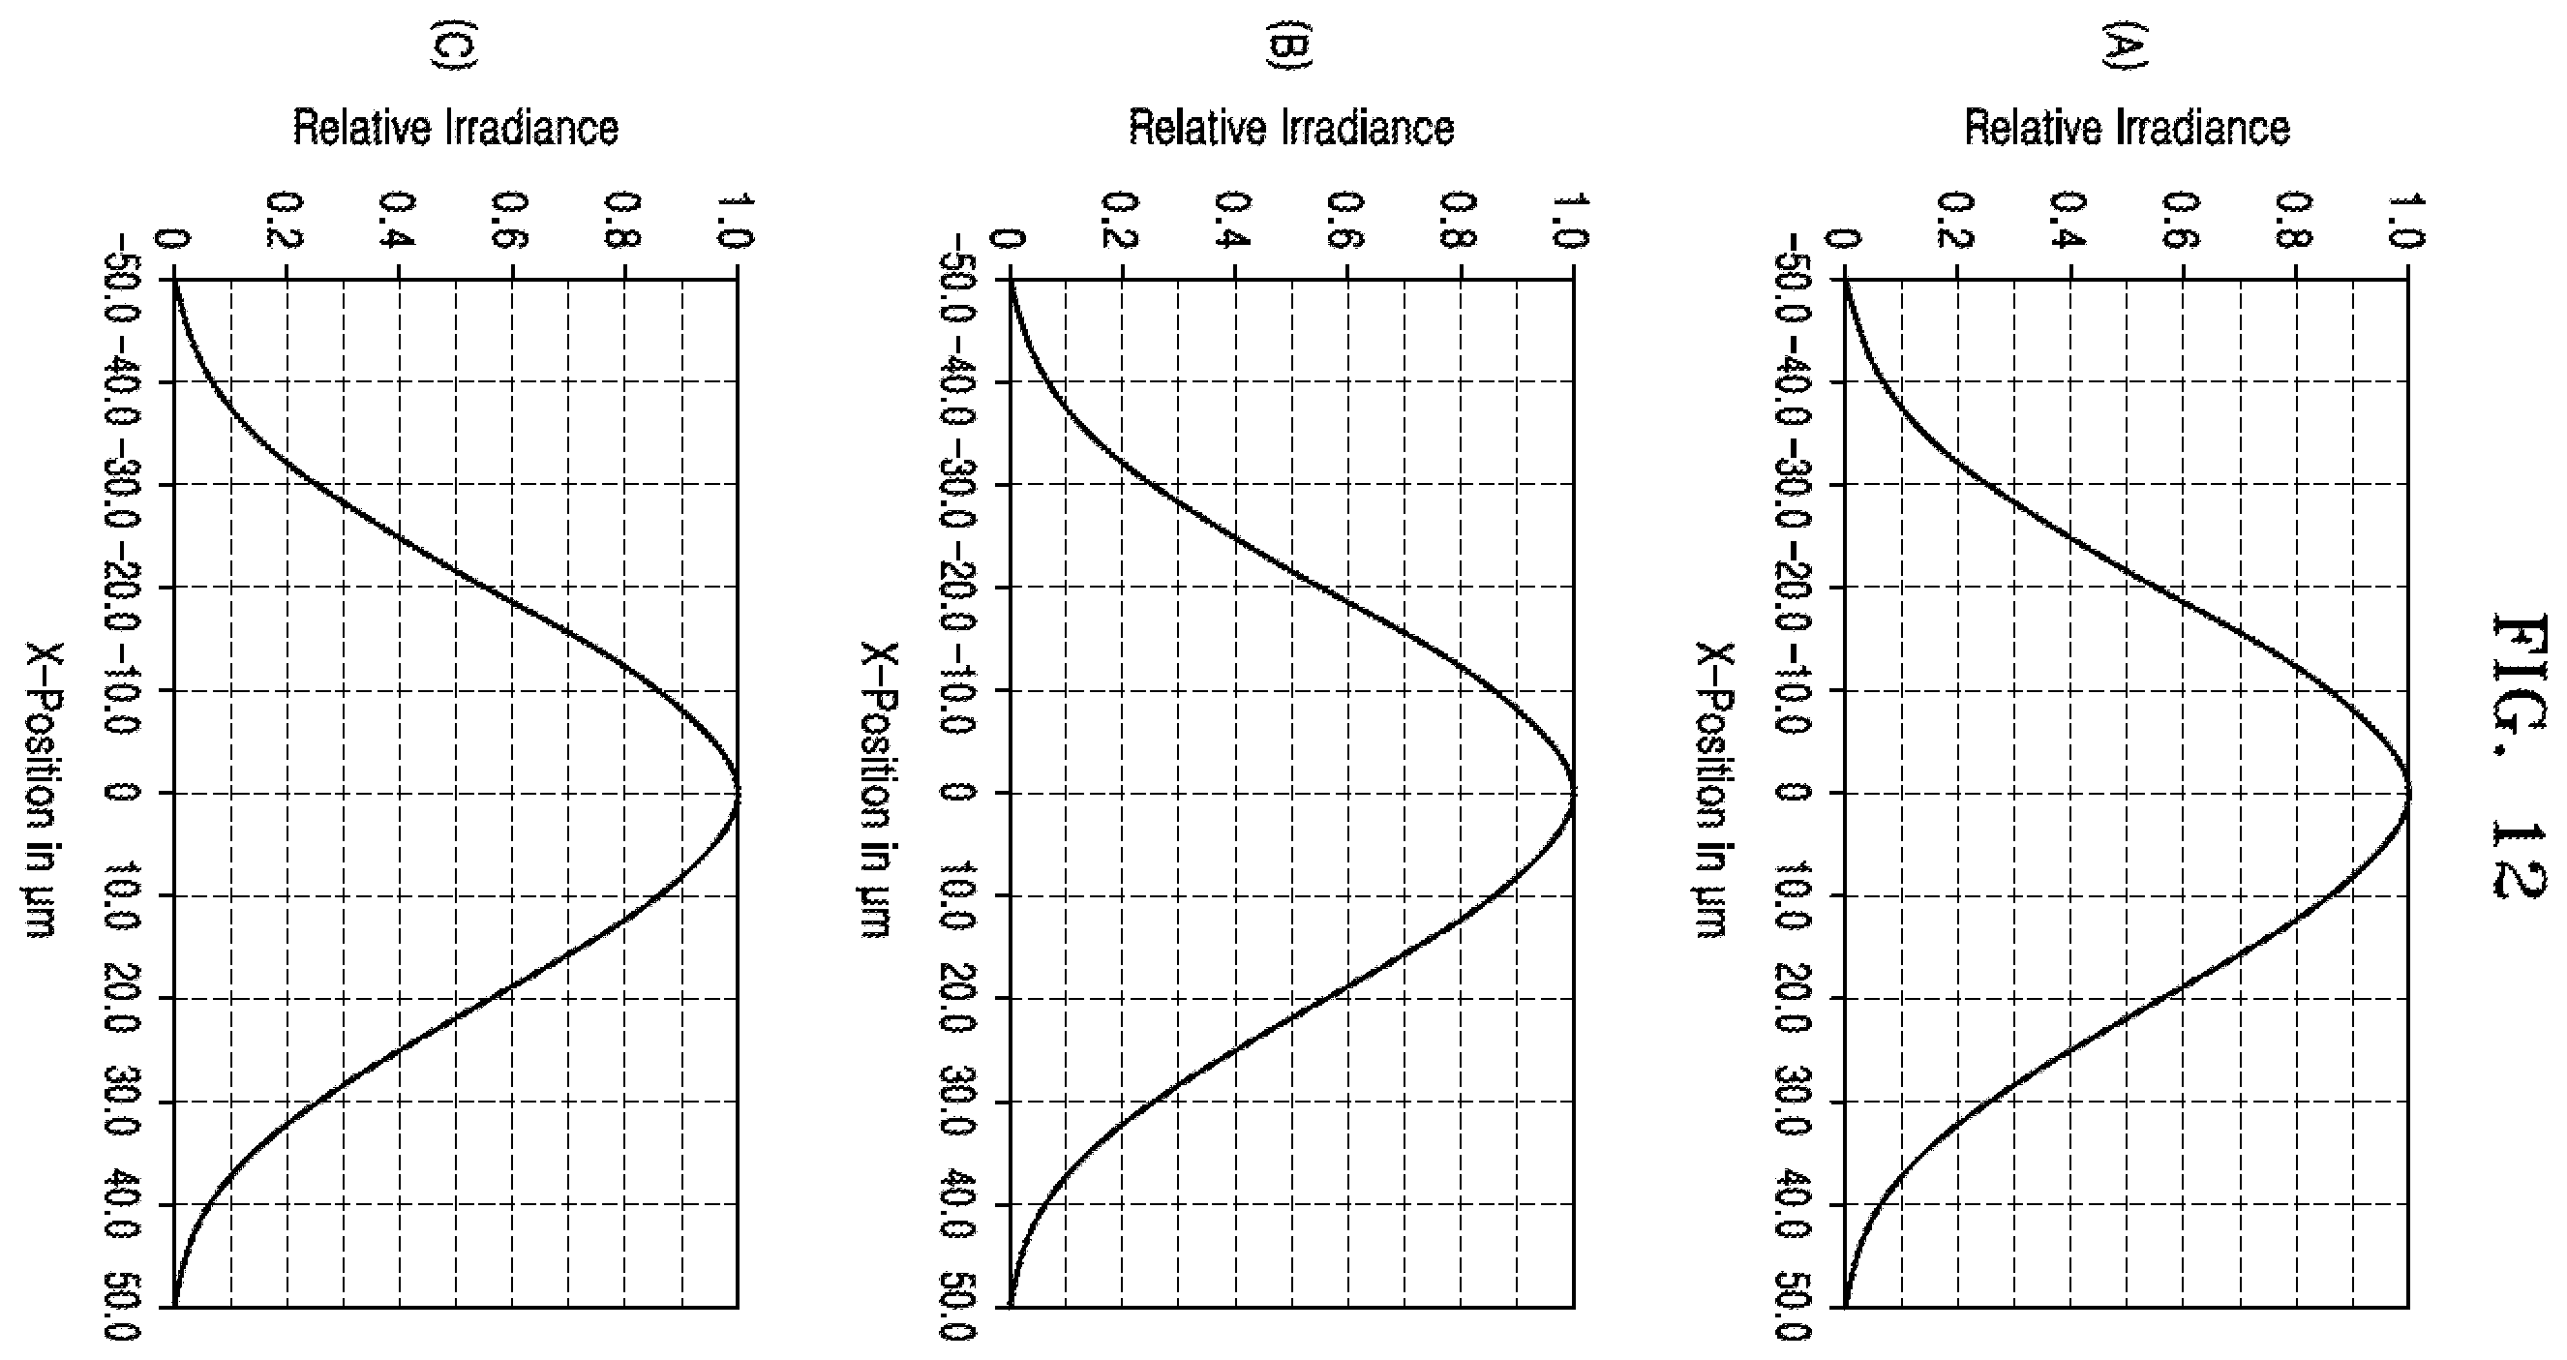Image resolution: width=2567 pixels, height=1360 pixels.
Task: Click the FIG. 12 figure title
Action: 2521,756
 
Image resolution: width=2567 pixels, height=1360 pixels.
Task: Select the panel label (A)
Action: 2126,47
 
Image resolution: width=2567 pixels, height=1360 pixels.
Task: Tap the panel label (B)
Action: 1289,47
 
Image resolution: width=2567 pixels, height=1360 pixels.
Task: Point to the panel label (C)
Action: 453,47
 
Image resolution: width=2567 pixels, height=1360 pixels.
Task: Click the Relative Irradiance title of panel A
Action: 2128,129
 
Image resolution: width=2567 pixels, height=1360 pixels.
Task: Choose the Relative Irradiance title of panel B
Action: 1291,129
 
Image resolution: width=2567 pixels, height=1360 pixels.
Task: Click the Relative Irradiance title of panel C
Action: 455,129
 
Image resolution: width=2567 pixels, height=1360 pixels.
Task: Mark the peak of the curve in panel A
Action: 2408,793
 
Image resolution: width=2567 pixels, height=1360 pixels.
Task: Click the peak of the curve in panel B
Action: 1574,793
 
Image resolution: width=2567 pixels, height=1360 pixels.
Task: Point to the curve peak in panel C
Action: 738,793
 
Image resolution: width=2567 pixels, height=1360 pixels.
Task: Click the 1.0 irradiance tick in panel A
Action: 2407,220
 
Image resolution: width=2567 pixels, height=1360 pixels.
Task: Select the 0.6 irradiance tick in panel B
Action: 1346,220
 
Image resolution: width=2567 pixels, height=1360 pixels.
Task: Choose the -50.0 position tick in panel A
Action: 1793,278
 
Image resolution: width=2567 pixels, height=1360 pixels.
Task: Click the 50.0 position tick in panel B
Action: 957,1311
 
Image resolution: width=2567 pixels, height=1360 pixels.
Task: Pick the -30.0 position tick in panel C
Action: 122,484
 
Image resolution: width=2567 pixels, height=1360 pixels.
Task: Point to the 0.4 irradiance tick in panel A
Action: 2069,220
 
